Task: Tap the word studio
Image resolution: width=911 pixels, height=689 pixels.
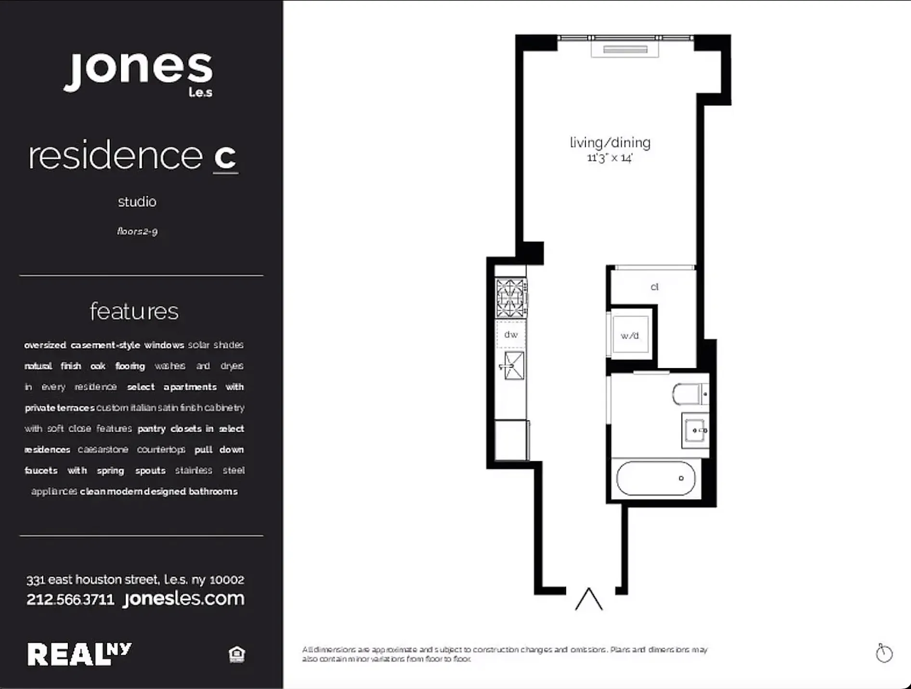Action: [x=137, y=201]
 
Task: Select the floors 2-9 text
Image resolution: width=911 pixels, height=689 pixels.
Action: [x=137, y=231]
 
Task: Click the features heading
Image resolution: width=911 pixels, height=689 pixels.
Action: [x=134, y=311]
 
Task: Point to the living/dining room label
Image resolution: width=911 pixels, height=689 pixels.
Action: [x=610, y=143]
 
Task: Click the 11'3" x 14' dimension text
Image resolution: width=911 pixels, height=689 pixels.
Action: [x=609, y=158]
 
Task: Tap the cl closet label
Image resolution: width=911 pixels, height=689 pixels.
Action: [x=654, y=287]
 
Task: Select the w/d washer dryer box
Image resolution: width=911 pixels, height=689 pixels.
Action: [x=630, y=335]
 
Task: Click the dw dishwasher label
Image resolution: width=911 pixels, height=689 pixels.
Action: [x=511, y=334]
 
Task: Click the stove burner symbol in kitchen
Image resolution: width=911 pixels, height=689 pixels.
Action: [x=511, y=298]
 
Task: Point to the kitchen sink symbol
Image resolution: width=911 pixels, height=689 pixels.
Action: [x=513, y=366]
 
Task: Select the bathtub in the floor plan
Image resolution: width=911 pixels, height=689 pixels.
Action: [x=655, y=478]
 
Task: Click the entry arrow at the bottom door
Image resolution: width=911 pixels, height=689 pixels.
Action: [x=588, y=599]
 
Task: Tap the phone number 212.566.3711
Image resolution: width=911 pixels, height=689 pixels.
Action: [x=70, y=599]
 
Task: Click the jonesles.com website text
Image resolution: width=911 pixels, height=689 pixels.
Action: [x=183, y=599]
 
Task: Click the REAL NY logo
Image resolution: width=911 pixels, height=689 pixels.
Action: [x=78, y=654]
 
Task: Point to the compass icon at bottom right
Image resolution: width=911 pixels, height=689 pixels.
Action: [x=884, y=653]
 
